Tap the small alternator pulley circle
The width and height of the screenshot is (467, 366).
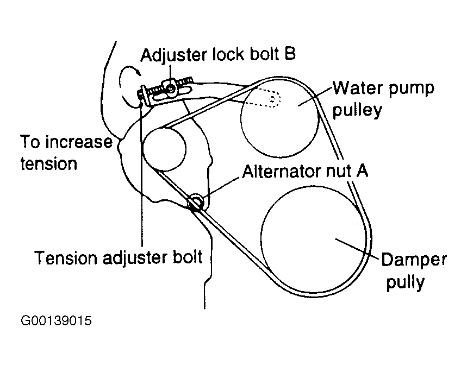point(164,148)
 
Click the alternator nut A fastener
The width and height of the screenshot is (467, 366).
point(196,203)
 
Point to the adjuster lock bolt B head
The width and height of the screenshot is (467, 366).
point(171,86)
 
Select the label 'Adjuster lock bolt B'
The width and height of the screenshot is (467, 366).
point(218,55)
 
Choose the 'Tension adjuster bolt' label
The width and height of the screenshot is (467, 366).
point(119,257)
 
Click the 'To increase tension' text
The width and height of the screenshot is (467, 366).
point(65,153)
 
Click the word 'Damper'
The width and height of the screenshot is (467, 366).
point(413,259)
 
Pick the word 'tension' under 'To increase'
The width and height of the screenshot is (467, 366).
point(49,163)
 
